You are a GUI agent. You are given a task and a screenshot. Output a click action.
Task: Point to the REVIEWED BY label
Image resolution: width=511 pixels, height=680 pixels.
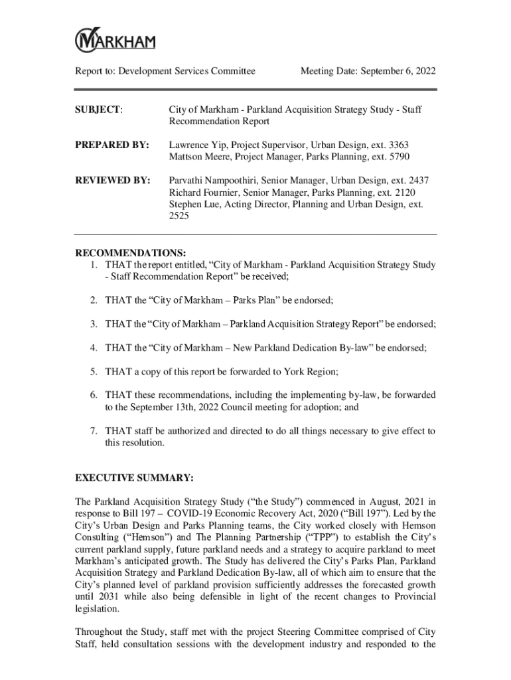(x=112, y=181)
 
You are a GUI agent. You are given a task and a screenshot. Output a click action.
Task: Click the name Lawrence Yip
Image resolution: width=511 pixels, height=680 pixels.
(x=196, y=145)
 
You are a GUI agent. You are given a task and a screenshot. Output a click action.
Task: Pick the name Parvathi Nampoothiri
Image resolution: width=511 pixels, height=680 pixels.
(x=214, y=181)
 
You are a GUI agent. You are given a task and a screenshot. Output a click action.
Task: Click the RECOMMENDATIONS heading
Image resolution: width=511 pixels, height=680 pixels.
(x=130, y=253)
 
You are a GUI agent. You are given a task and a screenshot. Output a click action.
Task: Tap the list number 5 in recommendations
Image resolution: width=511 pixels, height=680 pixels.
(x=95, y=371)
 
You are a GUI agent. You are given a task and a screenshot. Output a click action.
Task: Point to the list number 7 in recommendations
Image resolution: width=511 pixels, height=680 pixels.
(x=95, y=431)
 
